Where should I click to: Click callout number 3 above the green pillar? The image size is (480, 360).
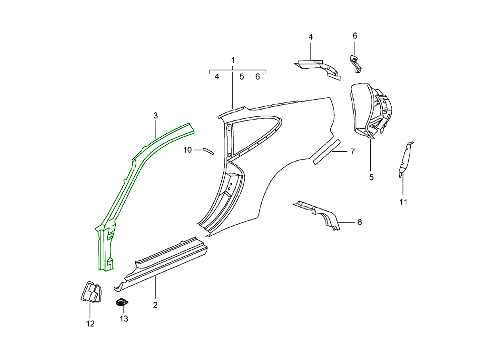(x=156, y=116)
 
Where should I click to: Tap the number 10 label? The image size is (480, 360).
(x=188, y=150)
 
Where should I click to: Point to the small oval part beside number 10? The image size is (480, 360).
(x=208, y=150)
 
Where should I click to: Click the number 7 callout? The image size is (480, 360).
(x=352, y=152)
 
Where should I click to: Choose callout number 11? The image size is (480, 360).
(x=403, y=202)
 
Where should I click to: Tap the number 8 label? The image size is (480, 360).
(x=360, y=222)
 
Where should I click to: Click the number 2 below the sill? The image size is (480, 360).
(x=155, y=305)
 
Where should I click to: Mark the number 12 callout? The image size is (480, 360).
(x=90, y=324)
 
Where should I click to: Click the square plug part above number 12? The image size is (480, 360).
(x=91, y=292)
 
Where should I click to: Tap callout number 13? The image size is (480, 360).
(x=124, y=319)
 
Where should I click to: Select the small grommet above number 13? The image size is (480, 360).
(x=121, y=303)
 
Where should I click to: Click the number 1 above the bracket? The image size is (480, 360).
(x=233, y=60)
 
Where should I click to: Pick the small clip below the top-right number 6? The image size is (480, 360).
(x=356, y=64)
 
